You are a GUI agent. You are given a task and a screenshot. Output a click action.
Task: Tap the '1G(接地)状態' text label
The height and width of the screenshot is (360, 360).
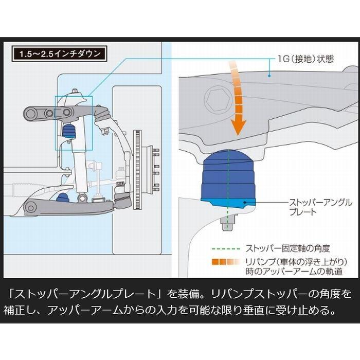[x=304, y=59]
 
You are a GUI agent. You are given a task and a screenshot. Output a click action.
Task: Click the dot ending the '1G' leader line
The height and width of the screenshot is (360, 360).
[x=270, y=76]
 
